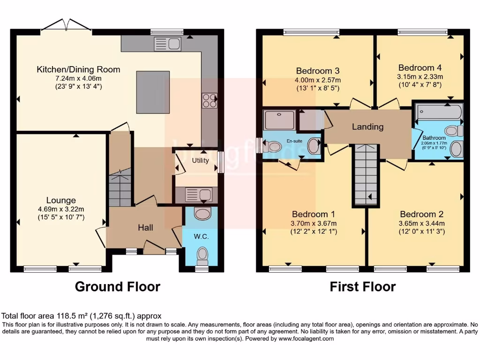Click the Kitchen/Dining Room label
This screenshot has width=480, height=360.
pyautogui.click(x=78, y=69)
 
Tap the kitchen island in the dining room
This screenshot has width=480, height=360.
pyautogui.click(x=153, y=92)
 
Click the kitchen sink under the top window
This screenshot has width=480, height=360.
pyautogui.click(x=167, y=44)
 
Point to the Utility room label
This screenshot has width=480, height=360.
pyautogui.click(x=200, y=160)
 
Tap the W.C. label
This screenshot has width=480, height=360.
pyautogui.click(x=201, y=237)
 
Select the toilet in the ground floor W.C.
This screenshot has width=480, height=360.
pyautogui.click(x=202, y=256)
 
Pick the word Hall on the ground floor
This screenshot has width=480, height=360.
pyautogui.click(x=145, y=227)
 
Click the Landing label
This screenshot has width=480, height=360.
pyautogui.click(x=367, y=127)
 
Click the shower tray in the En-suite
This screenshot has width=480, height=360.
pyautogui.click(x=279, y=120)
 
